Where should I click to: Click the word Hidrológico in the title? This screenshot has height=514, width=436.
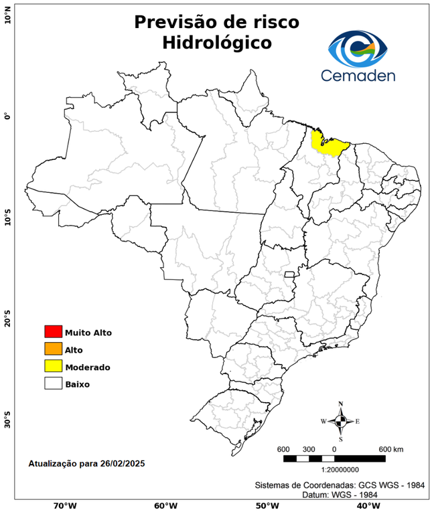click(x=217, y=44)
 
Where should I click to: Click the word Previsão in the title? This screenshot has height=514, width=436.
click(x=176, y=21)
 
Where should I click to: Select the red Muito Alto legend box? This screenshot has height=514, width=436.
click(x=53, y=331)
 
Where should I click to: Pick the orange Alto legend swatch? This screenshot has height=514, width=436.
click(x=53, y=349)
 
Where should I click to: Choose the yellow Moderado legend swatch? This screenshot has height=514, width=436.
click(x=53, y=366)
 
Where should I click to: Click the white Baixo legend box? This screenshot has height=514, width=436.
click(x=53, y=383)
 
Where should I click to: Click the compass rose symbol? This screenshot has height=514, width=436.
click(x=340, y=421)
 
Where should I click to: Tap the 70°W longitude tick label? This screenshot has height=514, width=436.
click(x=64, y=506)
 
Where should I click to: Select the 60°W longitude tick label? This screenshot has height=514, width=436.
click(x=165, y=506)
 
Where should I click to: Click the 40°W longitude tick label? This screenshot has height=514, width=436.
click(x=367, y=506)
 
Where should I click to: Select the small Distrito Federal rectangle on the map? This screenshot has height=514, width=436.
click(x=290, y=274)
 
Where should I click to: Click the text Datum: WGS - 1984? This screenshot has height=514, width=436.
click(x=342, y=495)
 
